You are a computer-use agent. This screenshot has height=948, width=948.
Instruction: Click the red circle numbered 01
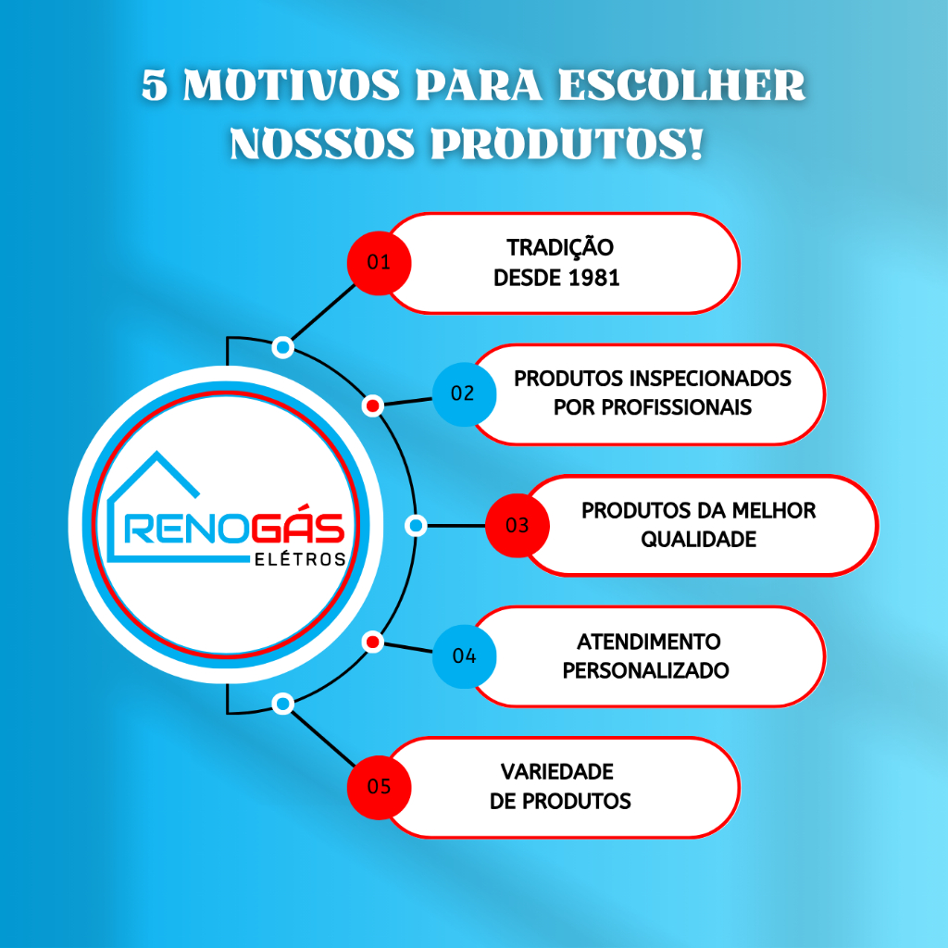pyautogui.click(x=379, y=263)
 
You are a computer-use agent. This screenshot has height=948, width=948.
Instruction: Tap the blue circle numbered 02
pyautogui.click(x=465, y=394)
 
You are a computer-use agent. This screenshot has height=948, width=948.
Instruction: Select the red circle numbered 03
pyautogui.click(x=518, y=526)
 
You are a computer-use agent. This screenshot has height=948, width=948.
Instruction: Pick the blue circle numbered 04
pyautogui.click(x=465, y=656)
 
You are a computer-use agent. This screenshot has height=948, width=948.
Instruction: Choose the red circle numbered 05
pyautogui.click(x=379, y=788)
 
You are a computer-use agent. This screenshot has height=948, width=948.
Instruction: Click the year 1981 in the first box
pyautogui.click(x=594, y=278)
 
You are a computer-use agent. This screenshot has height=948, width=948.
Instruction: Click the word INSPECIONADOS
pyautogui.click(x=710, y=379)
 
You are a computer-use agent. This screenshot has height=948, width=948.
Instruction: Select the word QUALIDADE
pyautogui.click(x=698, y=540)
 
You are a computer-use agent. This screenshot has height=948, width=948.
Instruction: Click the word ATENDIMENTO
pyautogui.click(x=649, y=642)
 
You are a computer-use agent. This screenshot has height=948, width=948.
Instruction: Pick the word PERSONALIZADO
pyautogui.click(x=645, y=670)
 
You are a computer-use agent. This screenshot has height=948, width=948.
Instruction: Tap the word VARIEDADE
pyautogui.click(x=556, y=772)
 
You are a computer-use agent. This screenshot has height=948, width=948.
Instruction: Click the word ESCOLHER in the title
pyautogui.click(x=681, y=85)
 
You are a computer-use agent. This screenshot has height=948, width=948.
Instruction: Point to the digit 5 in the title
pyautogui.click(x=155, y=85)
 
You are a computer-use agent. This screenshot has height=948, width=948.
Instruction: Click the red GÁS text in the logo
pyautogui.click(x=298, y=527)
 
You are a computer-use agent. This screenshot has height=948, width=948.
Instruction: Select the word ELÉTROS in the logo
pyautogui.click(x=300, y=559)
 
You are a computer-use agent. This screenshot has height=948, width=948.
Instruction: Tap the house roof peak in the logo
pyautogui.click(x=157, y=453)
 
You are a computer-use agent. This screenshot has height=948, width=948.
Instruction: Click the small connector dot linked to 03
pyautogui.click(x=416, y=526)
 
